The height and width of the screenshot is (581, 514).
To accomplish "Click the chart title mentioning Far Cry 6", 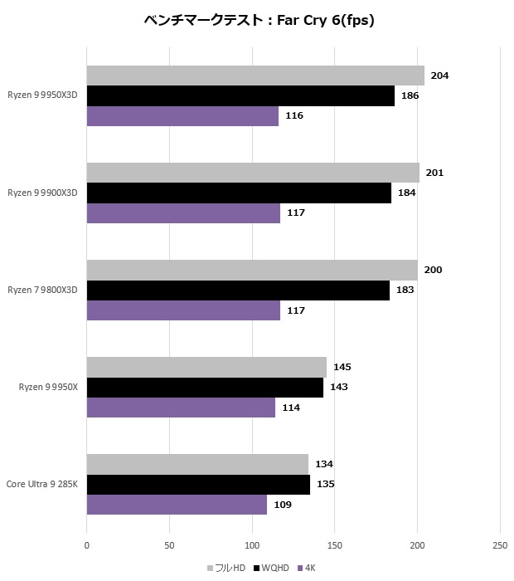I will coord(258,21).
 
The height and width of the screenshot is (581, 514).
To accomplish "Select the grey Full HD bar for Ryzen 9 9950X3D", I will coord(255,76).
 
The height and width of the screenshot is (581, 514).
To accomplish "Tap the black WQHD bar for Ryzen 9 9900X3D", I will coord(239,193).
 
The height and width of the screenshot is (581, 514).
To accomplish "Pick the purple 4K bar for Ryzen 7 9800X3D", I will coord(183,310).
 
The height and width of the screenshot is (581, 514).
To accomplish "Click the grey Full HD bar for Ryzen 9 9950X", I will coord(206,367).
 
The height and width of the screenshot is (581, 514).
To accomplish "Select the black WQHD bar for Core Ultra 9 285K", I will coord(198,484).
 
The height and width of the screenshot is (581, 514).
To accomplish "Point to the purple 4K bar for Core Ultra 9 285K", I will coord(177,505).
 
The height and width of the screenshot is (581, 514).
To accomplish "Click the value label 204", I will coord(440,76).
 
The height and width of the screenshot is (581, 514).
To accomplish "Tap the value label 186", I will coord(410,95).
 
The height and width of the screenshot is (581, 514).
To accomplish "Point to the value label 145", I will coord(342,367).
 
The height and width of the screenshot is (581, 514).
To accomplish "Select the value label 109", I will coord(283,505).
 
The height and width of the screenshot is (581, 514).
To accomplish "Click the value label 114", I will coord(290,408).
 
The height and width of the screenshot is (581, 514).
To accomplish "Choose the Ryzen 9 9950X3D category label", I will coord(42,95).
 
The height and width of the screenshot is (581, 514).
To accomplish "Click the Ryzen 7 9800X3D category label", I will coord(42,290).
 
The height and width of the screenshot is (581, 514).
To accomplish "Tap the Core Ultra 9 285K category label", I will coord(42,484).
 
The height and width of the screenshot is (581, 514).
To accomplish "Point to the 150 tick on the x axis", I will coord(335,545).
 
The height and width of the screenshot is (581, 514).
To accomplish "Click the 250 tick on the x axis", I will coord(500,545).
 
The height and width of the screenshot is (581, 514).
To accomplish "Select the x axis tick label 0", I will coord(87,545).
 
